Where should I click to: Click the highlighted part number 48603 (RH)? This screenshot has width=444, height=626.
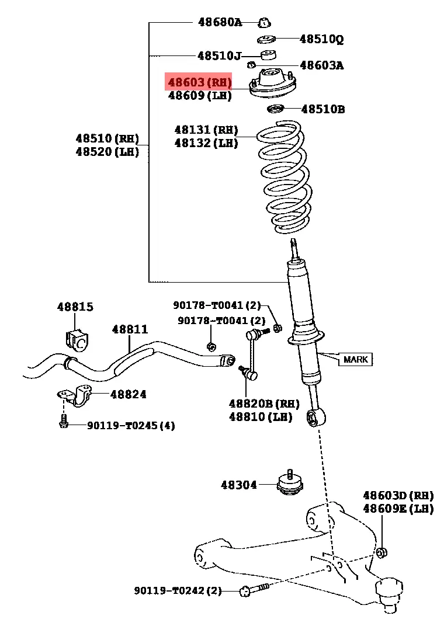199,82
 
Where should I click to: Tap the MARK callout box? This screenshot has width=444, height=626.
355,359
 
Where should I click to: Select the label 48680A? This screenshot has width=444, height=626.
219,22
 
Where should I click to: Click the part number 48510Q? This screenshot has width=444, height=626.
321,39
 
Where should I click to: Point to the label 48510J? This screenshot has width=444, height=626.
219,56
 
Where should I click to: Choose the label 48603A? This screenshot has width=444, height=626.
321,65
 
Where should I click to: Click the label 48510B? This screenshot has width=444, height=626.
322,109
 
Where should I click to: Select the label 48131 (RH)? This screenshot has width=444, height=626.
206,130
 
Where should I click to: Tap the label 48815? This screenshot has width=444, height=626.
75,307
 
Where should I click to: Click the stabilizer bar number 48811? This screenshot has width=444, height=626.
130,330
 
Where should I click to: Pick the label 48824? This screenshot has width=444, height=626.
129,394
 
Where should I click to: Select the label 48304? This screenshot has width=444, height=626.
238,484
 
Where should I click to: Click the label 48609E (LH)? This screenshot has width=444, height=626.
398,509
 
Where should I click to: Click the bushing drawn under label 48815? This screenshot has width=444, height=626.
77,339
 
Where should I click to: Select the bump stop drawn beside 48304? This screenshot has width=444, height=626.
290,484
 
